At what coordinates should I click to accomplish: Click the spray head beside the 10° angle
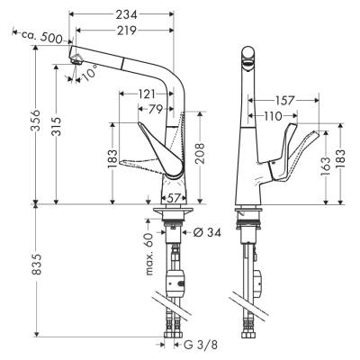click(x=79, y=60)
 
